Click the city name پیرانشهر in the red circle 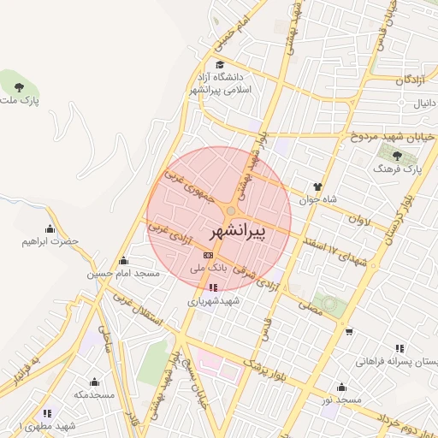[238, 232]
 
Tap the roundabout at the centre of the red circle [231, 211]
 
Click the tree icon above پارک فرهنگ [398, 156]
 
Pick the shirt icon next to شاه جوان [317, 186]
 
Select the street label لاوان [360, 219]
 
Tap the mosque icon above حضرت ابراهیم [50, 228]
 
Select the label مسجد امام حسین [123, 275]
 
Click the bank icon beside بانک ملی [207, 255]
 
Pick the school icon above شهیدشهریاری [213, 287]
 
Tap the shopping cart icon [349, 331]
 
